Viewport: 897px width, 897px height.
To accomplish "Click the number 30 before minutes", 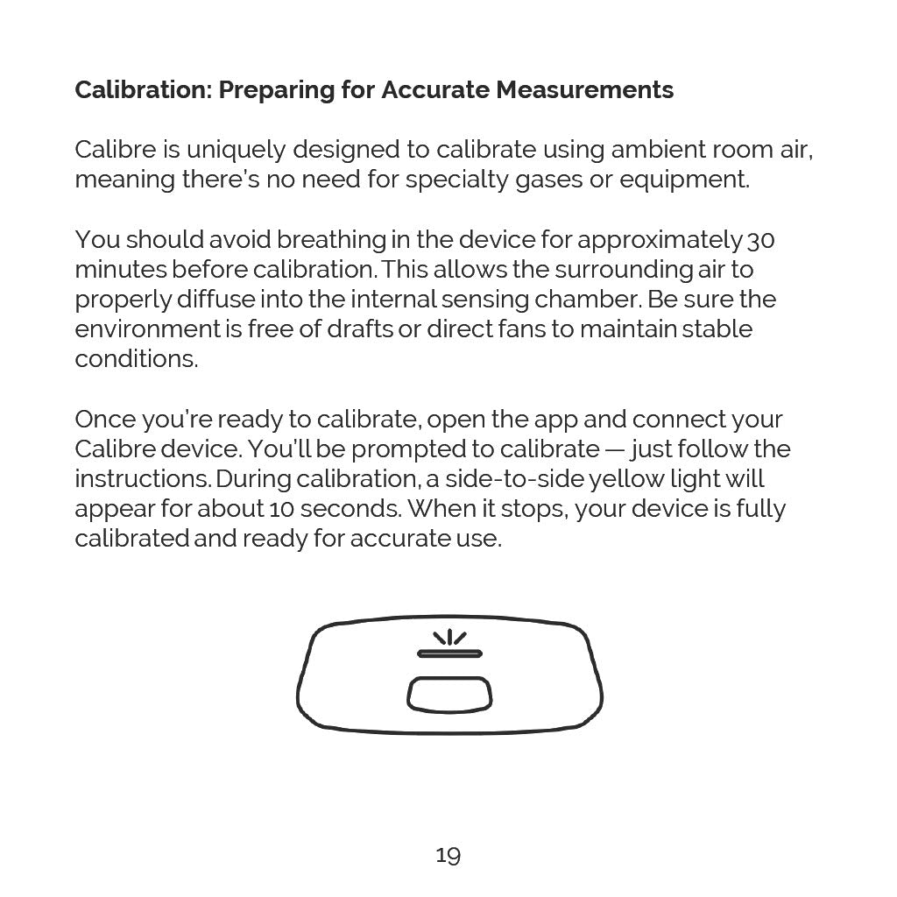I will coord(761,239).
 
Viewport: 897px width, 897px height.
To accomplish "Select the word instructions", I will coord(141,478).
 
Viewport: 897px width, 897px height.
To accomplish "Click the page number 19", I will coord(448,855).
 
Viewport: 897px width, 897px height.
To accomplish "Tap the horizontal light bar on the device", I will coord(449,653).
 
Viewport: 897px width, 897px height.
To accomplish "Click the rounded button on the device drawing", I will coord(449,695).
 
